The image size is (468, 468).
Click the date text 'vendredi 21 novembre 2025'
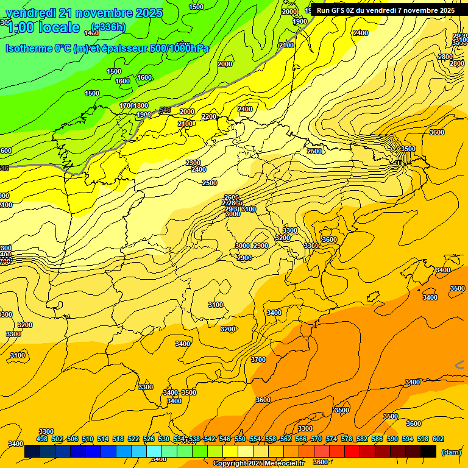pos(84,13)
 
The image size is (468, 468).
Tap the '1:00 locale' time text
pos(43,27)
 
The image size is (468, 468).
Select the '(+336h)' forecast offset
pos(108,27)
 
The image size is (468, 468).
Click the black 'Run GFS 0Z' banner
pos(385,10)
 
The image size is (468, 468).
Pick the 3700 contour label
pos(258,360)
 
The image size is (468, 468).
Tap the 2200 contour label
pos(209,116)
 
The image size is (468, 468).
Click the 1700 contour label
pos(126,106)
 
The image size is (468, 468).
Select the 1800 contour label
pos(141,106)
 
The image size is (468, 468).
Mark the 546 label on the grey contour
pos(165,110)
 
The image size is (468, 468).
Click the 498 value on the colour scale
pos(42,439)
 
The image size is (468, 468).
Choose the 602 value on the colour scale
pos(438,439)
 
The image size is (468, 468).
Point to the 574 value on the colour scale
pos(331,439)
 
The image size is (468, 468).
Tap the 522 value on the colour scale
pos(133,439)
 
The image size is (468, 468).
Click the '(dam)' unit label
pos(451,452)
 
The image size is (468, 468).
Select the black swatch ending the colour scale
pos(428,452)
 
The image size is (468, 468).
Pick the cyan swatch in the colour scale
pos(154,452)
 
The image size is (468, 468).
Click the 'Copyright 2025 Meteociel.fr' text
pos(258,464)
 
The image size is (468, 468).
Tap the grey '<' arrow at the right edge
pos(459,364)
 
